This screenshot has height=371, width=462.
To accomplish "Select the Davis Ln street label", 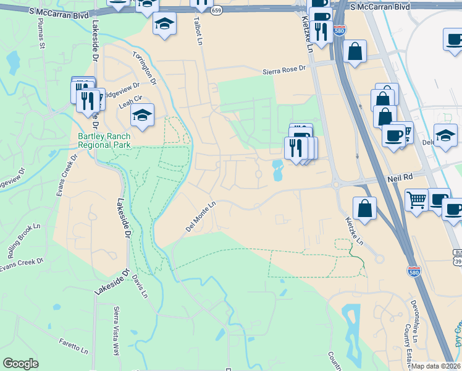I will pyautogui.click(x=140, y=285).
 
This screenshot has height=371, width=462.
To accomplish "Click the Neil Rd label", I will pyautogui.click(x=399, y=178).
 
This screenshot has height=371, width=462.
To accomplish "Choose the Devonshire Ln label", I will pyautogui.click(x=413, y=322).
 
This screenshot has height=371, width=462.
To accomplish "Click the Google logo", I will pyautogui.click(x=20, y=364).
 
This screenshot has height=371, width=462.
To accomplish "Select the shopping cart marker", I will pyautogui.click(x=416, y=200).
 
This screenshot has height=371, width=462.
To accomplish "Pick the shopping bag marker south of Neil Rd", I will pyautogui.click(x=365, y=208).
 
